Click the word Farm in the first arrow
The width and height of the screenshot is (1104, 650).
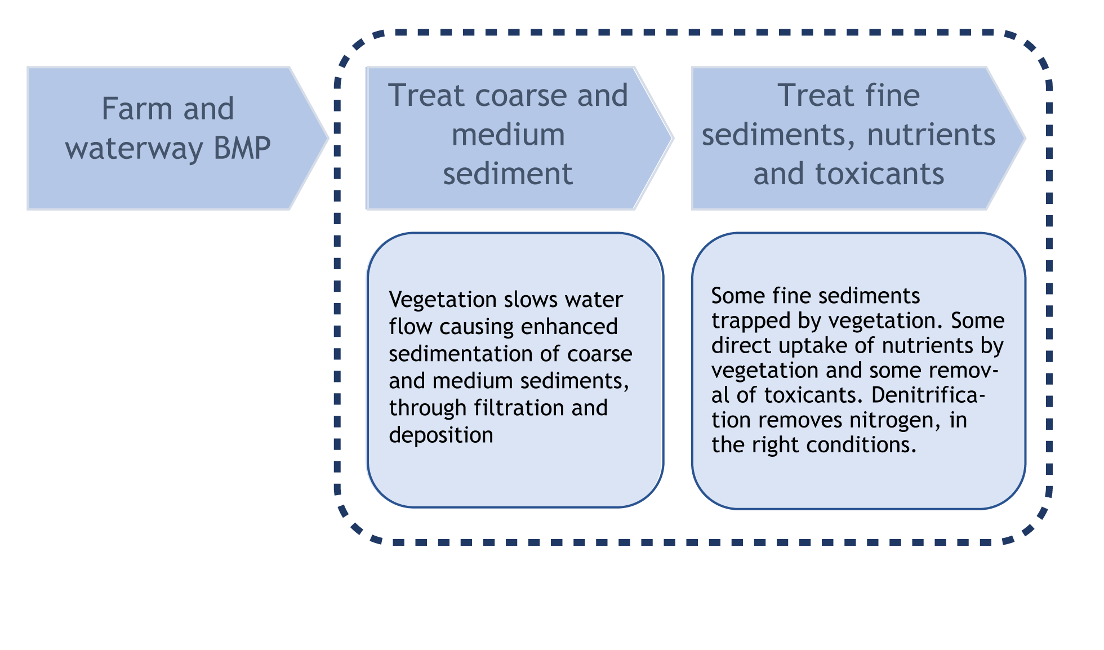point(136,109)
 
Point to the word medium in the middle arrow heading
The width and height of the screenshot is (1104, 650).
point(508,135)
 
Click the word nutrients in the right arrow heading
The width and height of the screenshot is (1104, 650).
point(931,135)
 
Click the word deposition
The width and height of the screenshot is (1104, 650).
point(440,435)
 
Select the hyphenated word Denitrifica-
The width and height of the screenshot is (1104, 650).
point(928,395)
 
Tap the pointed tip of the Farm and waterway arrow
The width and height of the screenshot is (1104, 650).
point(328,137)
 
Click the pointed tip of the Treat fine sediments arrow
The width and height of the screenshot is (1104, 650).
point(1025,137)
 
